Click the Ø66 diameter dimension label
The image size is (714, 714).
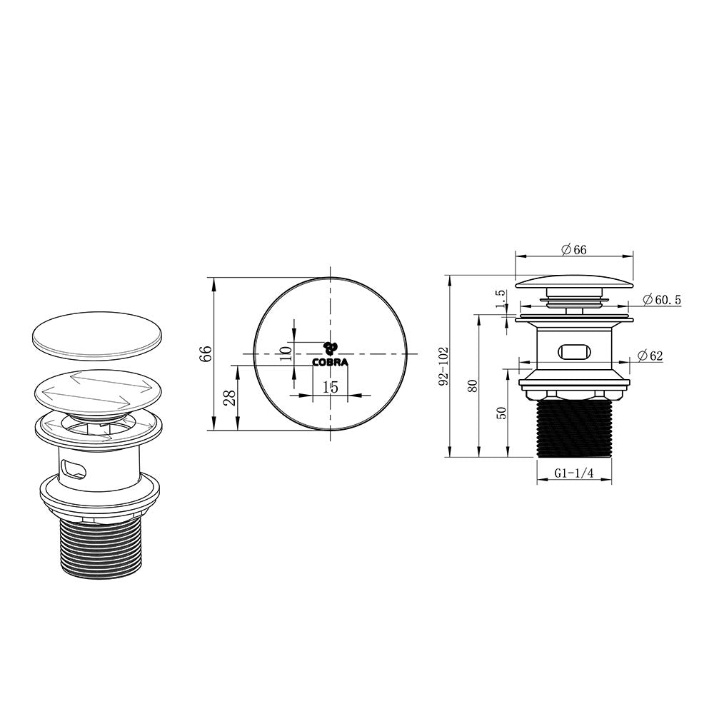point(574,249)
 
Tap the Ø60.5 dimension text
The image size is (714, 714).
point(662,300)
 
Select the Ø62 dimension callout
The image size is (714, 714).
point(650,356)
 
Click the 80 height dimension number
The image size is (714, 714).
point(473,386)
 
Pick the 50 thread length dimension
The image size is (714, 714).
point(501,413)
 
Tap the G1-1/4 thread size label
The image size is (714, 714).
point(574,473)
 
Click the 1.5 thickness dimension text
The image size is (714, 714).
point(501,300)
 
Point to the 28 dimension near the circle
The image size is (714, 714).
point(231,398)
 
